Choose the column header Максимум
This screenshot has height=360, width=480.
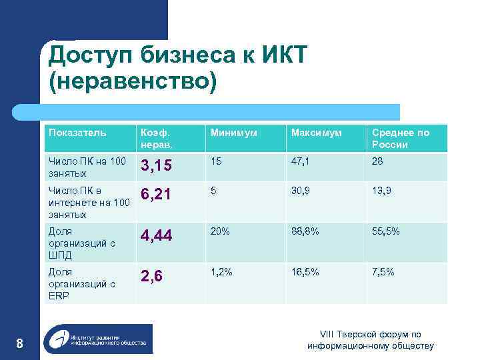click(x=315, y=133)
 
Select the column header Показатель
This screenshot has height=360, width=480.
click(x=77, y=133)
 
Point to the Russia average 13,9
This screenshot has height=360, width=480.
click(x=381, y=191)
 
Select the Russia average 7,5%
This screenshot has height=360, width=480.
click(x=383, y=273)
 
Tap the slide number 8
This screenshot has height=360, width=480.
click(x=19, y=343)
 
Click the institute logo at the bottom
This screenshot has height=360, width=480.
click(x=97, y=339)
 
